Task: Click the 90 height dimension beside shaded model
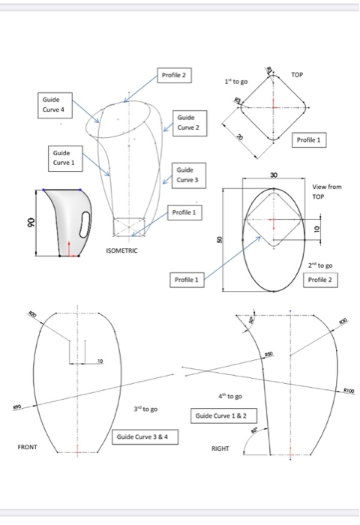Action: [31, 223]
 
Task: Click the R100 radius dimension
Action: [348, 391]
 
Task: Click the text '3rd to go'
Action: [144, 409]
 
